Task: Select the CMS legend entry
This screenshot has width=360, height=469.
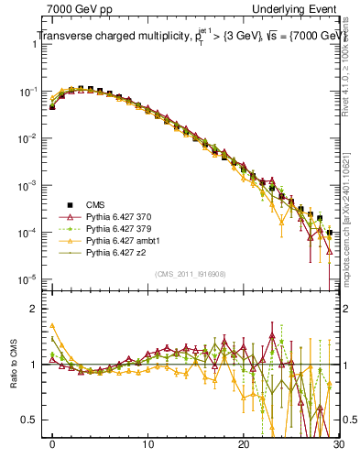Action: (x=96, y=204)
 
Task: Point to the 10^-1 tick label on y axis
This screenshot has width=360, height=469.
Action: (x=28, y=93)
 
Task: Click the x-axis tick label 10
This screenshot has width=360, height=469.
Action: (x=147, y=443)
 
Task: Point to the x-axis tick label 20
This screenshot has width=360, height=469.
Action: (x=243, y=443)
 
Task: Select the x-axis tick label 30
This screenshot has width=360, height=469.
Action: (x=337, y=443)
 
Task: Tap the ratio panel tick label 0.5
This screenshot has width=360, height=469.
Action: (x=32, y=420)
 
